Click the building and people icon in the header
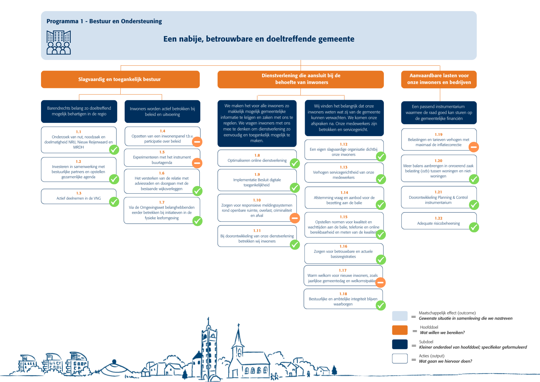tap(59, 42)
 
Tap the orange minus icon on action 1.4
tap(197, 142)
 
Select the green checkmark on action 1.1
tap(114, 150)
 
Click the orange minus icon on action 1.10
tap(295, 218)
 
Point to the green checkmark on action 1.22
tap(474, 227)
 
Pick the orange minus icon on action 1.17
tap(380, 283)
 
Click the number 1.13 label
tap(344, 167)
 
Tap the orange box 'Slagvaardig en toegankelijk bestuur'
tap(120, 79)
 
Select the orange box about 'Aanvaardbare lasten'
tap(439, 79)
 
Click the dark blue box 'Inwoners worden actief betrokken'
tap(163, 112)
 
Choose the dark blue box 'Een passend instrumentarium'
tap(439, 113)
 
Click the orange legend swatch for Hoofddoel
tap(400, 330)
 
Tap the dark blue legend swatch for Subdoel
tap(400, 344)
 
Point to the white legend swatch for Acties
tap(400, 358)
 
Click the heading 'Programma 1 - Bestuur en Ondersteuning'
tap(104, 21)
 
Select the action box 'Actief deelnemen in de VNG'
tap(79, 196)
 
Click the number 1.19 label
tap(439, 135)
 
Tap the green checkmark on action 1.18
tap(381, 306)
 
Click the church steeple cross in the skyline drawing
tap(238, 325)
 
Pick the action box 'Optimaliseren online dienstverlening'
tap(257, 158)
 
